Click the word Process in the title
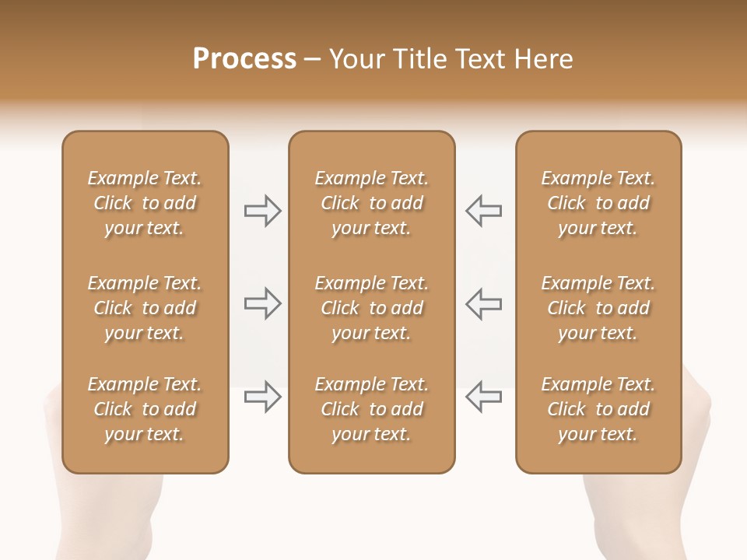[x=244, y=59]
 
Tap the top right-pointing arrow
[x=262, y=211]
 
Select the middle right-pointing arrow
[x=262, y=303]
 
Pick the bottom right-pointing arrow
[x=262, y=397]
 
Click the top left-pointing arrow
[x=483, y=211]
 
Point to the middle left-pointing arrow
[x=483, y=303]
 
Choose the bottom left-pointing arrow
[x=483, y=397]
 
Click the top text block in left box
[x=145, y=203]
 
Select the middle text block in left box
[x=145, y=308]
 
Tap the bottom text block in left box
[x=145, y=409]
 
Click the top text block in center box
[x=371, y=203]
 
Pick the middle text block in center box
[x=371, y=308]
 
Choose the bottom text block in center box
[x=371, y=409]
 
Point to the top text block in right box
[x=598, y=203]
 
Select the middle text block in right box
[x=598, y=308]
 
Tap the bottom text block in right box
[x=598, y=409]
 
